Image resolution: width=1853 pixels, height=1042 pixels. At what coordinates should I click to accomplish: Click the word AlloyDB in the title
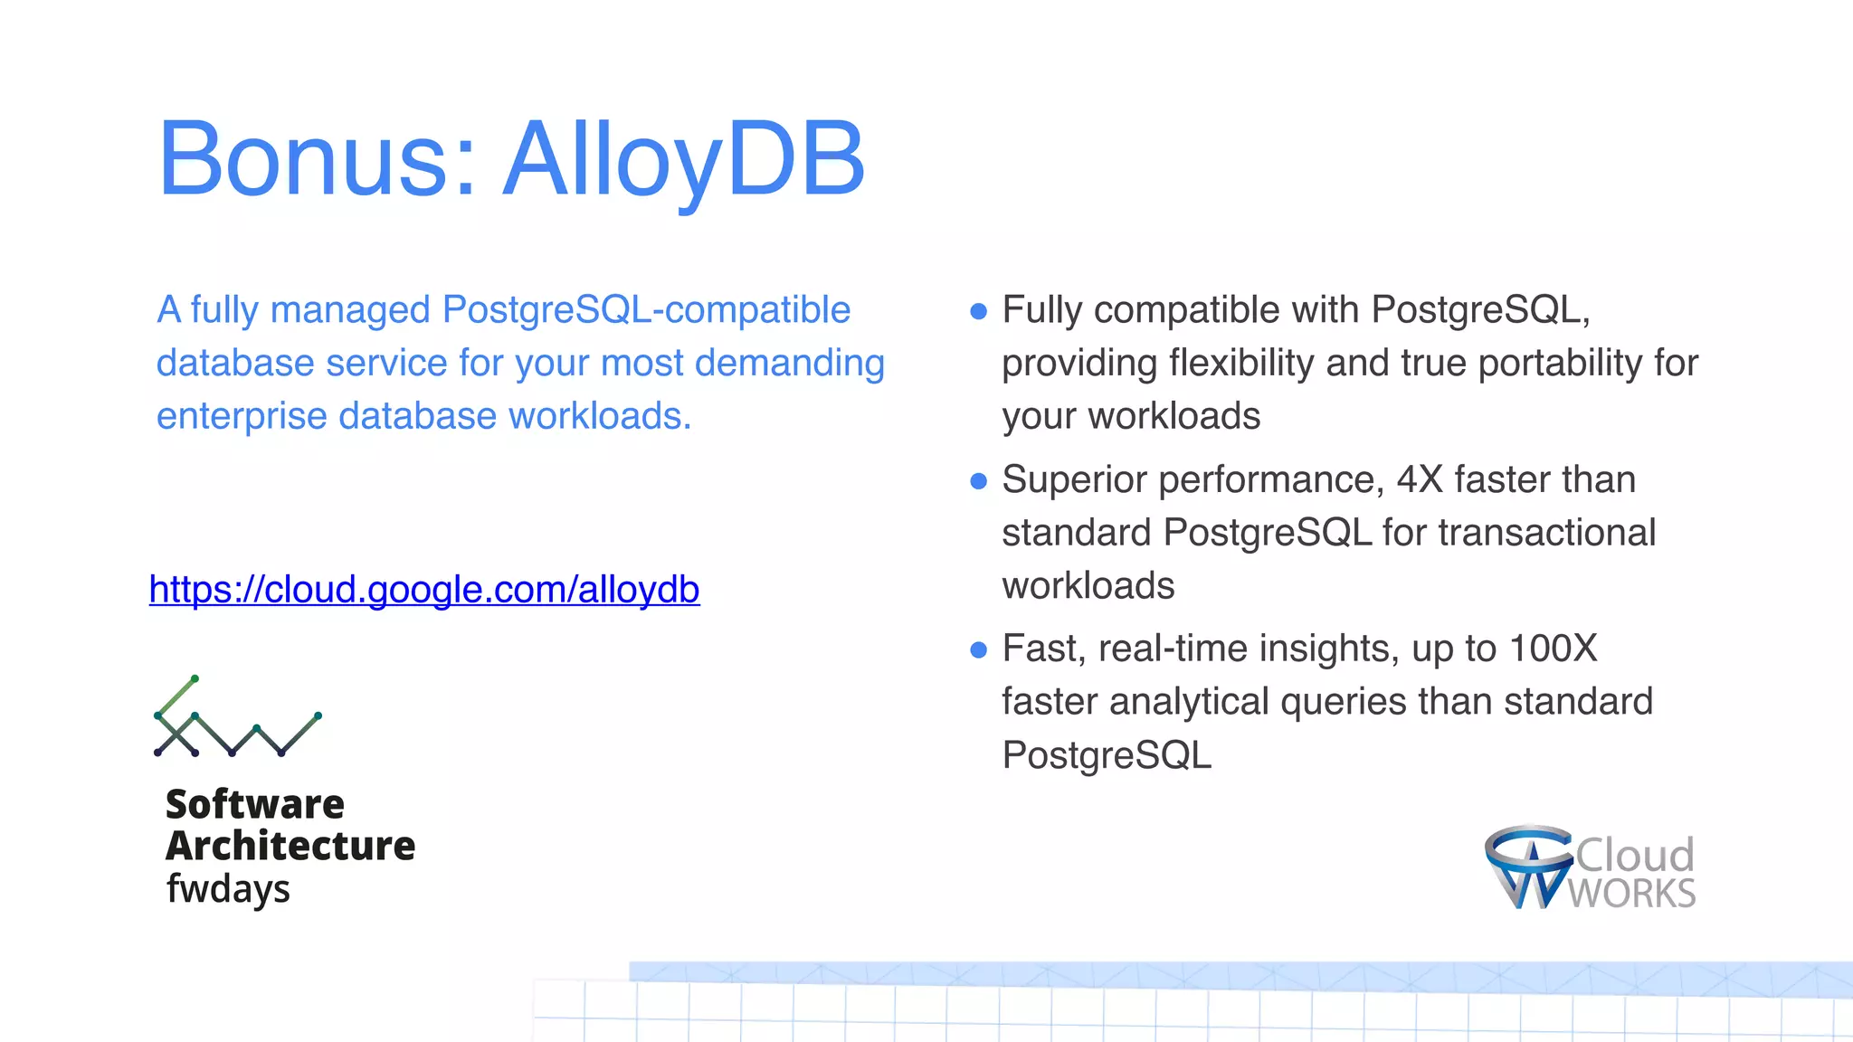[684, 160]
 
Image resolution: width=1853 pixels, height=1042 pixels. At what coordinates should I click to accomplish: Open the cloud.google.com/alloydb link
[424, 590]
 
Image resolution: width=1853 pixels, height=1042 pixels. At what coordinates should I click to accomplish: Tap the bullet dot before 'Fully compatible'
[978, 312]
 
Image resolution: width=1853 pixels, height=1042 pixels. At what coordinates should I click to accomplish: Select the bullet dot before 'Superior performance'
[978, 481]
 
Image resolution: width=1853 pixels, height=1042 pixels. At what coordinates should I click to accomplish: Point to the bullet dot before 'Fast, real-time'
[978, 650]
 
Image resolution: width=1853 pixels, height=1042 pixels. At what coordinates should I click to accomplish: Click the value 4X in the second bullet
[1420, 479]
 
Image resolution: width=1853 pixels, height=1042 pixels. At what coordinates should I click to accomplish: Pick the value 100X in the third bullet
[1553, 649]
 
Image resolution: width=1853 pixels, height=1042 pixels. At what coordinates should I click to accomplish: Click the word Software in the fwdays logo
[255, 804]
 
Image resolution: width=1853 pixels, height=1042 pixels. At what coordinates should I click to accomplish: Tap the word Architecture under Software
[290, 846]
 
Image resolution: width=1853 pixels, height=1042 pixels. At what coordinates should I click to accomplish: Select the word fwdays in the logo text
[228, 889]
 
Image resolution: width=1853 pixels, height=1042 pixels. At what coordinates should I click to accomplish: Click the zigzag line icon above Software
[237, 717]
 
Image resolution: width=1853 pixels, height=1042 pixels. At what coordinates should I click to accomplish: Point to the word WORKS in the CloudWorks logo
[1632, 894]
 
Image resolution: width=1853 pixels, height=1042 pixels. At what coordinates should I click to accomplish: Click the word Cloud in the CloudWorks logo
[1635, 855]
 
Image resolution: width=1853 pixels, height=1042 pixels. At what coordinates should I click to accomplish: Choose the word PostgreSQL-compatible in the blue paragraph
[646, 310]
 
